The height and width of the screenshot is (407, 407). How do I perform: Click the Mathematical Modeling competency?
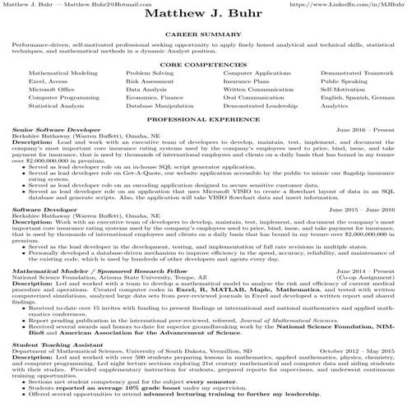point(61,73)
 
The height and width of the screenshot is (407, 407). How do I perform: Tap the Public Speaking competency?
point(344,83)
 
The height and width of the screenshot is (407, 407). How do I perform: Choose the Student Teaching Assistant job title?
point(53,345)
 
